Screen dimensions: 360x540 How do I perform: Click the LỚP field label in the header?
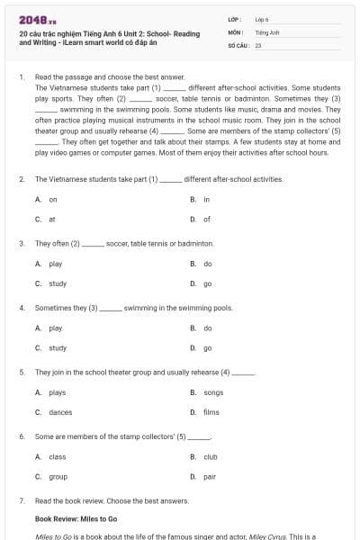pyautogui.click(x=235, y=19)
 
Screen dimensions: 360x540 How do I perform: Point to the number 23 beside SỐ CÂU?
pyautogui.click(x=258, y=44)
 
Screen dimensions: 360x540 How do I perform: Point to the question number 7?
pyautogui.click(x=22, y=499)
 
